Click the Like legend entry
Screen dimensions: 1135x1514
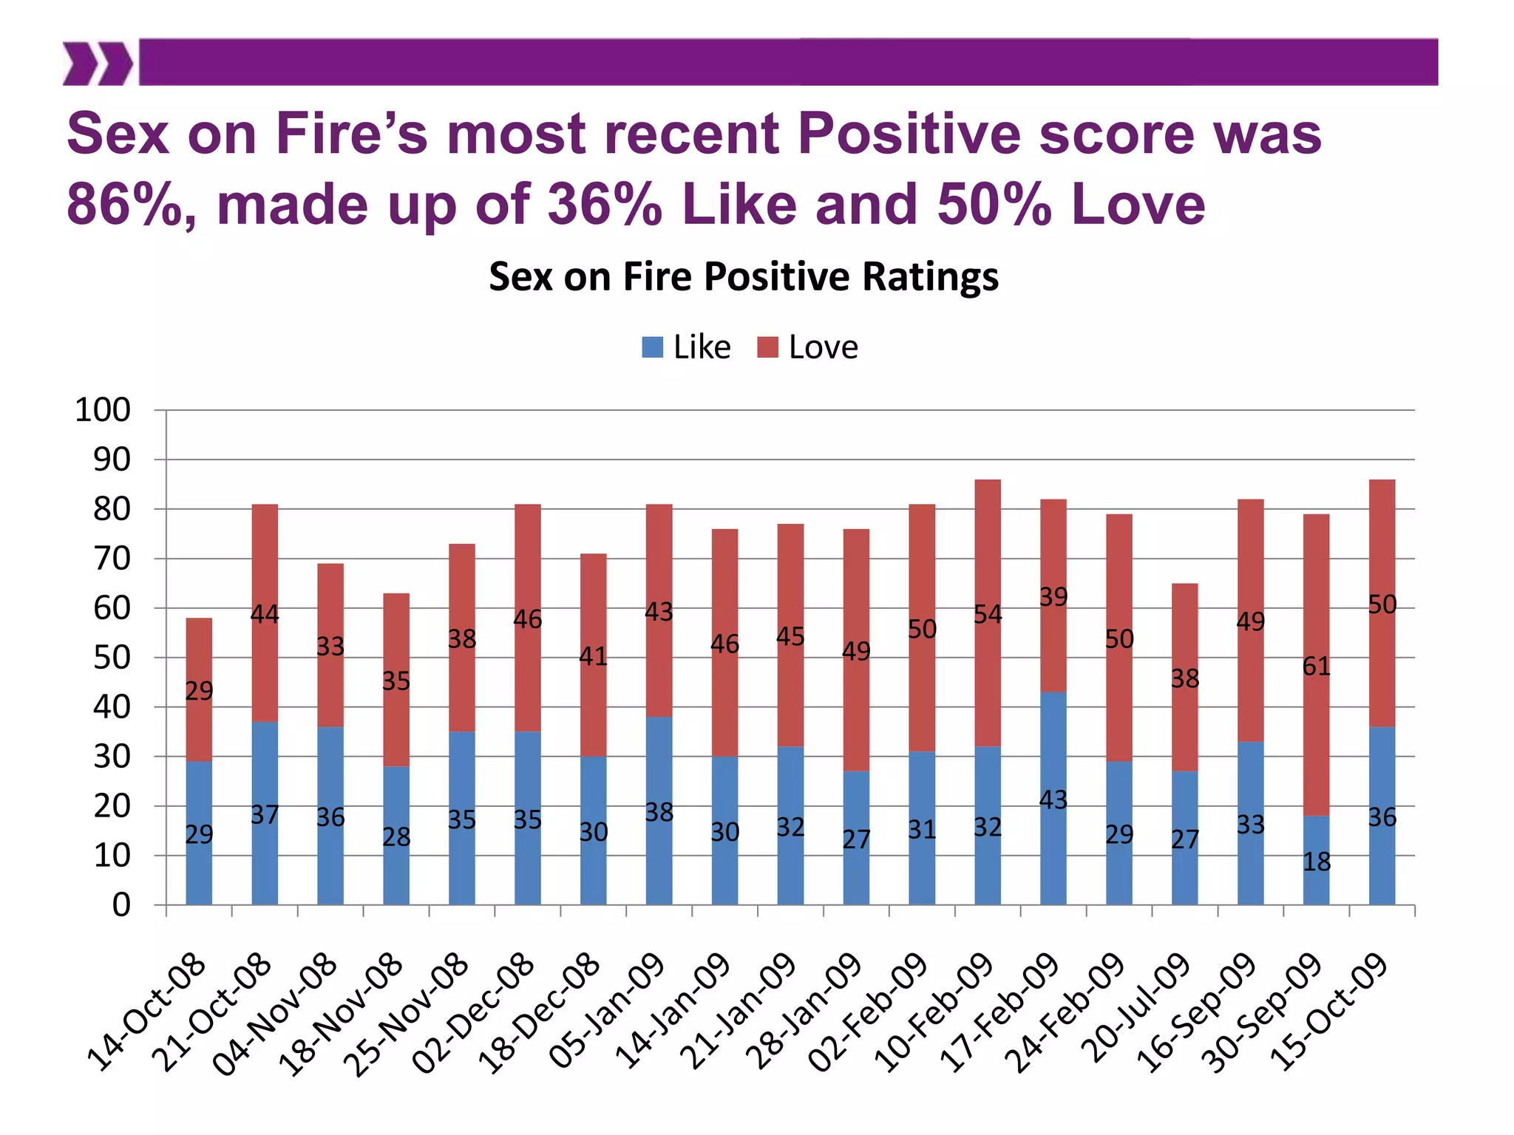[688, 347]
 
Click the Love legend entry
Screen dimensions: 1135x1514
[809, 347]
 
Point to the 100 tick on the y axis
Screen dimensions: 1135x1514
[103, 410]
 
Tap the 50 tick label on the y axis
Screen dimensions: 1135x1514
[112, 658]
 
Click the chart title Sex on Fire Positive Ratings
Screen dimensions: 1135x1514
[743, 277]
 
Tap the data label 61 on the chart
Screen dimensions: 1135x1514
[1316, 667]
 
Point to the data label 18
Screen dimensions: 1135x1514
[1316, 862]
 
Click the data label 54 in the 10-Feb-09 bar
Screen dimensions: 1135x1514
[988, 614]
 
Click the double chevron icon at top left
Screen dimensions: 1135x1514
[97, 64]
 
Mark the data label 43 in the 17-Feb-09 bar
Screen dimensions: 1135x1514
[1053, 800]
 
